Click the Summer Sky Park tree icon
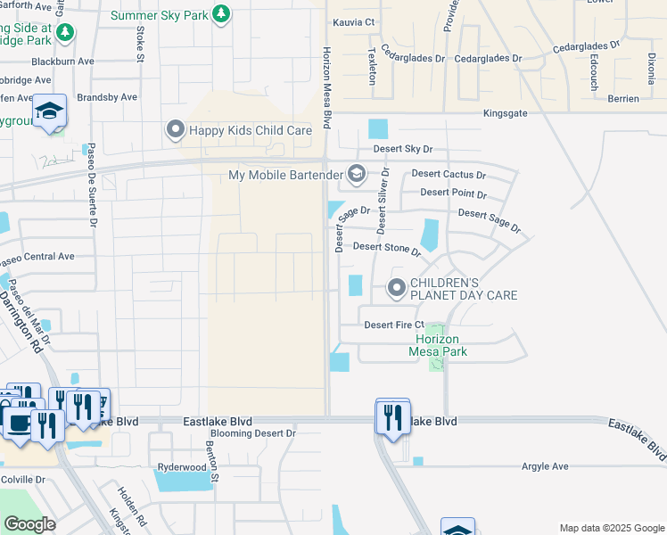[222, 15]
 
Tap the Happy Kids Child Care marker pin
[175, 130]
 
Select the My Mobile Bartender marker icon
[357, 174]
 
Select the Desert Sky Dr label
[395, 150]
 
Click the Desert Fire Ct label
[394, 325]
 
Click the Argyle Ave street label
[544, 466]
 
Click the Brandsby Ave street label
[108, 97]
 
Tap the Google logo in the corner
[29, 524]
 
